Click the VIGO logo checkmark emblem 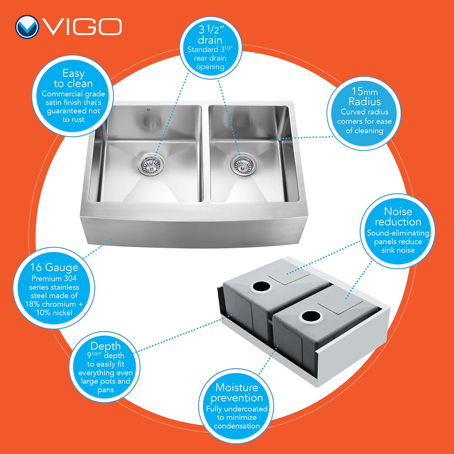point(27,27)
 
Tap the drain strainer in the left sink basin point(151,165)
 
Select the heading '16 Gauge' point(54,267)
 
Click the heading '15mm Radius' point(364,96)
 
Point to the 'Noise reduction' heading point(398,216)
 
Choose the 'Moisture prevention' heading point(237,393)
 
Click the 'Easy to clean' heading point(73,78)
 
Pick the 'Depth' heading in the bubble point(105,346)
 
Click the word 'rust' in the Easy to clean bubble point(78,120)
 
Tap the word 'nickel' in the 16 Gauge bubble point(63,313)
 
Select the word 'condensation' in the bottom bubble point(237,426)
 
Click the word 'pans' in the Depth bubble point(106,390)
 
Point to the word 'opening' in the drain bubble point(210,67)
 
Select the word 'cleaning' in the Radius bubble point(369,131)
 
